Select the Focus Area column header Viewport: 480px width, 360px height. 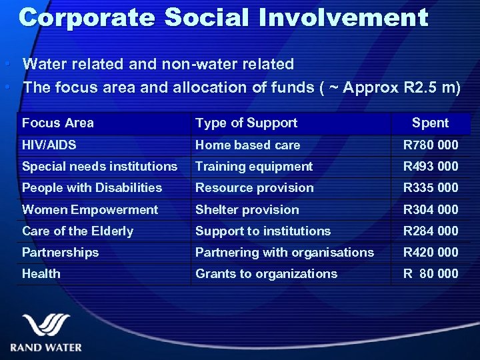(x=58, y=123)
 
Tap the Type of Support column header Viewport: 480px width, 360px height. (x=246, y=123)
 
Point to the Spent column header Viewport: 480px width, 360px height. (x=430, y=123)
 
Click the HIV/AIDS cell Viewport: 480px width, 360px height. (x=49, y=145)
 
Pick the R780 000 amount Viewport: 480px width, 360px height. (x=431, y=145)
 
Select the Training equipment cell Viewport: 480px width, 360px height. (x=253, y=166)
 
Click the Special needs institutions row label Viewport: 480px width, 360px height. (x=99, y=166)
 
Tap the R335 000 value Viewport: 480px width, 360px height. (x=431, y=187)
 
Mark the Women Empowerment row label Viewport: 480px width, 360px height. (x=90, y=209)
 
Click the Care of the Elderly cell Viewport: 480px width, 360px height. (x=77, y=231)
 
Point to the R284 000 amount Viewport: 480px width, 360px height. (x=431, y=231)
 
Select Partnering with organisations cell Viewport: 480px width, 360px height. (x=284, y=252)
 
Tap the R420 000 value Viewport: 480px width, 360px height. (x=431, y=252)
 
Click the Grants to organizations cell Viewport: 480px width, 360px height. (x=266, y=273)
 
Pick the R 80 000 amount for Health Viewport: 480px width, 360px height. (x=431, y=273)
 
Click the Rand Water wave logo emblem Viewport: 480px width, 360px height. (x=46, y=326)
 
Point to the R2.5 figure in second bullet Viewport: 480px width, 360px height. (x=419, y=87)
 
